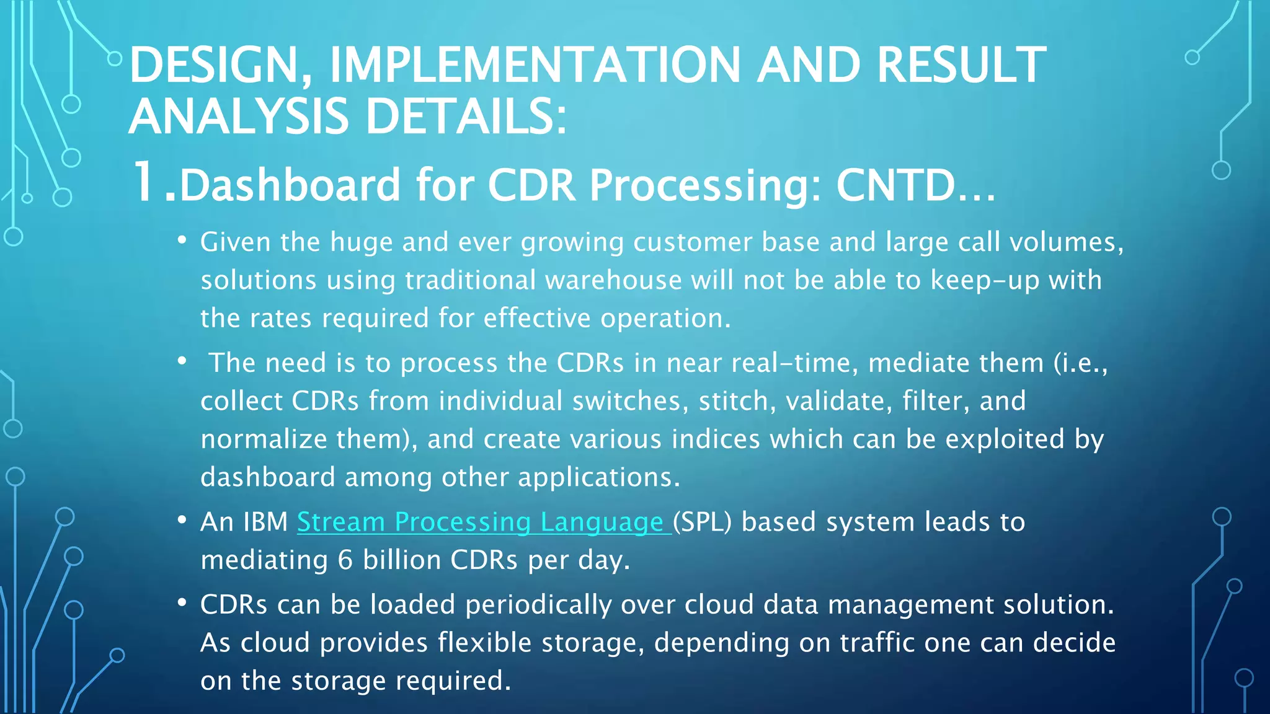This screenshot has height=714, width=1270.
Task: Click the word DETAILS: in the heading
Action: click(466, 117)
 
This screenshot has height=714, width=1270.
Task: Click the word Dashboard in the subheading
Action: click(290, 185)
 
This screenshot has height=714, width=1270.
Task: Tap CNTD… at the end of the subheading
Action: click(915, 185)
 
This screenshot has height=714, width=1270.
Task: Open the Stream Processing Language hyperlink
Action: click(484, 522)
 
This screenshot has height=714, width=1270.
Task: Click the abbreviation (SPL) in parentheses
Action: click(702, 522)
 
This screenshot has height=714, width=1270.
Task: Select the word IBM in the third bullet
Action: click(265, 522)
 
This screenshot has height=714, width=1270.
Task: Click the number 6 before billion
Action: click(345, 560)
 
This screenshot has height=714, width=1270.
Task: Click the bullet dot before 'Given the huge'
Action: click(182, 240)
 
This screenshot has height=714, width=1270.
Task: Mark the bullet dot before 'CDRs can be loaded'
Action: click(182, 602)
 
